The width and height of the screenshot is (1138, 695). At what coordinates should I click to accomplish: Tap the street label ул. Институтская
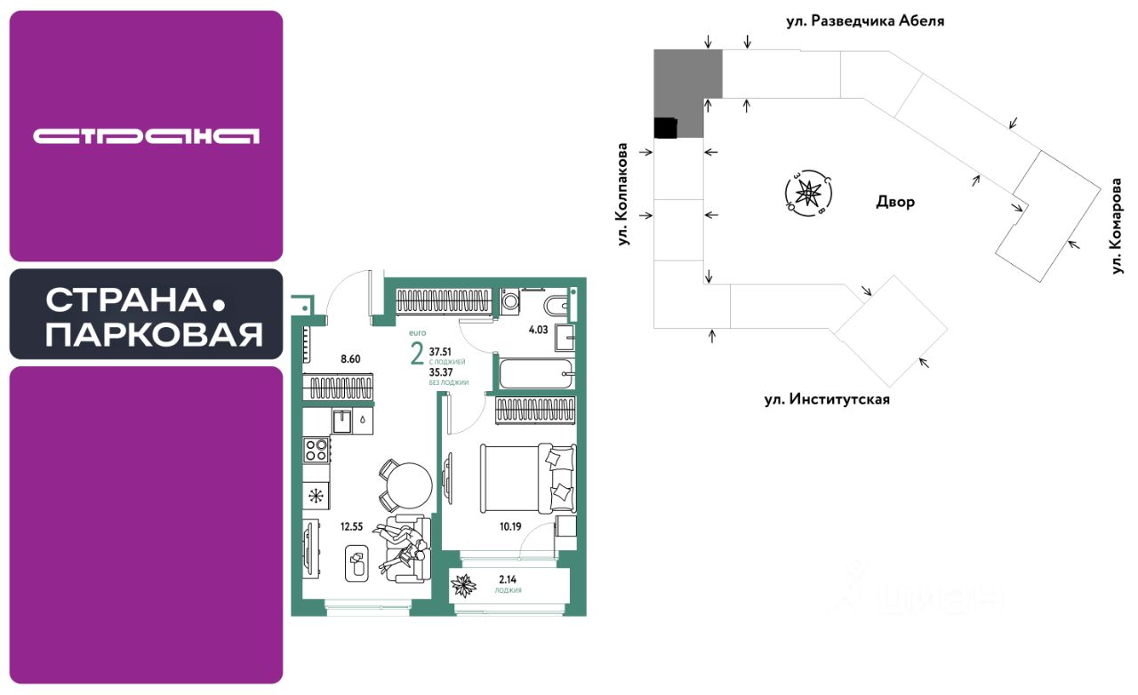pos(827,400)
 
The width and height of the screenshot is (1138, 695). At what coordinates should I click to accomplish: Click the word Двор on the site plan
pos(895,202)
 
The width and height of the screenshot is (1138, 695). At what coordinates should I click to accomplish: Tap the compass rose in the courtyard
pos(808,193)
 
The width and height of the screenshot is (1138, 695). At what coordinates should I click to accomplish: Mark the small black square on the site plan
pos(665,128)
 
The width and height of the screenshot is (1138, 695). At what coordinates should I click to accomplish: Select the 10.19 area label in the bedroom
pos(509,525)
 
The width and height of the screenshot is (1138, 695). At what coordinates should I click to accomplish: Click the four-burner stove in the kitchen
pos(317,450)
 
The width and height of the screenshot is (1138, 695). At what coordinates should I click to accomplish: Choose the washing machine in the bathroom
pos(511,301)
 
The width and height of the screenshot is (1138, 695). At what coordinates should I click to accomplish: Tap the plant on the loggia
pos(463,586)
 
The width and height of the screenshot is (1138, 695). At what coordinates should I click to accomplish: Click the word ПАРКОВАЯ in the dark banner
pos(153,334)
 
